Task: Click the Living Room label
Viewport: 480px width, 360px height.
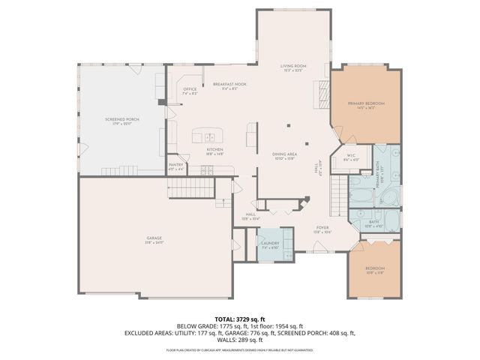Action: click(292, 67)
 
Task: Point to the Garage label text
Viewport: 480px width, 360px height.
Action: click(154, 239)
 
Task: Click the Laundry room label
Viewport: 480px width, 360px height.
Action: click(270, 244)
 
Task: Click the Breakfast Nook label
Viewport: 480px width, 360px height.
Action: click(229, 85)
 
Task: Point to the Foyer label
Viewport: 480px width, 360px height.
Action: click(322, 229)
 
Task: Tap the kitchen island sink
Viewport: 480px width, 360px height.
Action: click(210, 137)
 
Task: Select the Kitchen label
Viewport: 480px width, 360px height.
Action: click(214, 149)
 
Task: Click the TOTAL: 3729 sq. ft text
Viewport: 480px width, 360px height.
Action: click(239, 319)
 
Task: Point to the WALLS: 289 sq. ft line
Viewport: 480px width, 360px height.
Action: click(239, 339)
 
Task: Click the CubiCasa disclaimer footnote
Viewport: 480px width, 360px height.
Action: click(239, 349)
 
